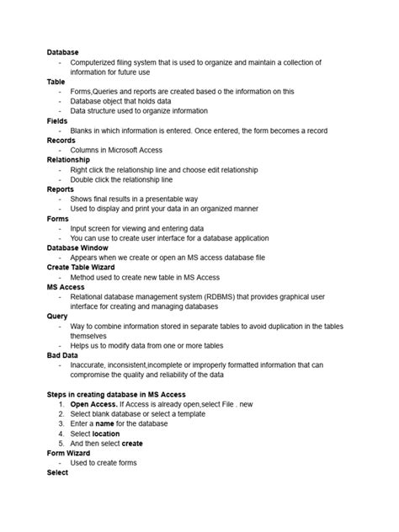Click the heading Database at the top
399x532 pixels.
point(63,52)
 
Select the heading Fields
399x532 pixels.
point(57,120)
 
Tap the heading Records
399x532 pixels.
point(61,140)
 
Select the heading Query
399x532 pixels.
point(58,316)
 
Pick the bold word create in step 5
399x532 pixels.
point(132,443)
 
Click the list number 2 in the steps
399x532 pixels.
point(61,414)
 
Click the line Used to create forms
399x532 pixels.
point(104,462)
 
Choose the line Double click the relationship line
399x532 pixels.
point(122,179)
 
